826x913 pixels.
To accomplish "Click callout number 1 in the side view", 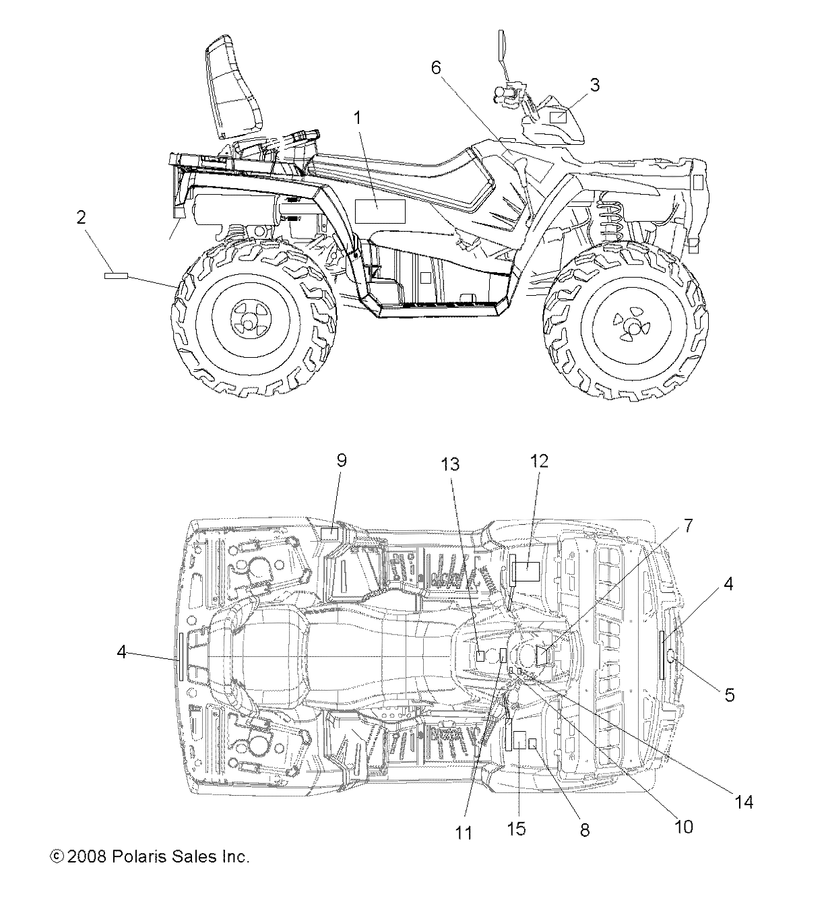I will (x=358, y=118).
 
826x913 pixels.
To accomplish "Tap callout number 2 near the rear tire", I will (x=81, y=218).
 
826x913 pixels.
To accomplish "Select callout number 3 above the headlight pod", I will (x=594, y=85).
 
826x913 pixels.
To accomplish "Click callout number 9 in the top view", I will (x=341, y=460).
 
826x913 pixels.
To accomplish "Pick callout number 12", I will (x=539, y=461).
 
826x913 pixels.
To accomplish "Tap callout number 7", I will (x=687, y=526).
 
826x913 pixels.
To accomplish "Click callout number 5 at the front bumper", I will (x=730, y=695).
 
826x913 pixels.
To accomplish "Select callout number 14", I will (x=744, y=802).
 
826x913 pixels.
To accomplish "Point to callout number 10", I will (x=683, y=826).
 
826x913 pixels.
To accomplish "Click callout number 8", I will (x=584, y=830).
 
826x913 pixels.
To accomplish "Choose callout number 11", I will (x=464, y=833).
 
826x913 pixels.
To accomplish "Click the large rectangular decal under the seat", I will (x=379, y=212).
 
